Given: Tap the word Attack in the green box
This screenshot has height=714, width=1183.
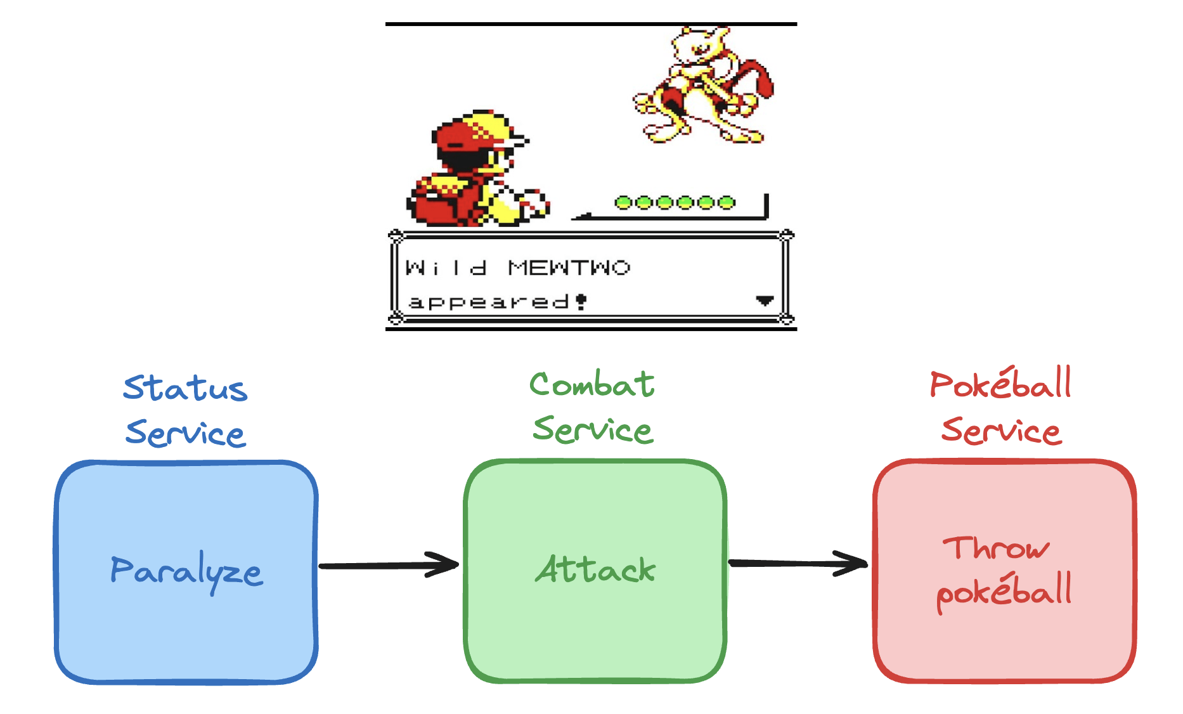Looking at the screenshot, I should click(595, 569).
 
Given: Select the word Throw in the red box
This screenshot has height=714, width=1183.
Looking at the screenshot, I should click(995, 548).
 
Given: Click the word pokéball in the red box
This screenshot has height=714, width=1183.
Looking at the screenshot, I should click(1004, 592).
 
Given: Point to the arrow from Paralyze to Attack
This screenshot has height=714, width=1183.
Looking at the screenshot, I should click(389, 564).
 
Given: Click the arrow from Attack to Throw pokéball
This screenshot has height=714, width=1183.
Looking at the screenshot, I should click(798, 563).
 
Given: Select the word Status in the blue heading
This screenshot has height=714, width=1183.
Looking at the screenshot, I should click(185, 387).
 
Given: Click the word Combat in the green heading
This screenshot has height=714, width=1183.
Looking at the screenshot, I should click(592, 384).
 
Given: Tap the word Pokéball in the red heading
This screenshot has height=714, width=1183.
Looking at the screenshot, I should click(1000, 384).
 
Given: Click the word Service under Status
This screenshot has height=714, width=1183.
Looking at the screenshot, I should click(185, 433).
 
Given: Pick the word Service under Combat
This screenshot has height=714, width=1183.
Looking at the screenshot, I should click(593, 429).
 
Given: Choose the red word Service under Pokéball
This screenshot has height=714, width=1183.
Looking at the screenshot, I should click(1001, 431).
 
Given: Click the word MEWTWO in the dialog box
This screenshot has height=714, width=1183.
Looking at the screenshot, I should click(569, 268).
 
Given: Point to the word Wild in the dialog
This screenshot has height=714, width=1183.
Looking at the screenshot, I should click(446, 268).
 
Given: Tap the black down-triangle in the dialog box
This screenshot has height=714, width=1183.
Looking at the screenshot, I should click(765, 301).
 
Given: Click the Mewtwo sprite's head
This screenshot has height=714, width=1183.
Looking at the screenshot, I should click(695, 44).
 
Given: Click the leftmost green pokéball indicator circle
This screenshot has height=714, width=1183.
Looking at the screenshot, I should click(623, 203).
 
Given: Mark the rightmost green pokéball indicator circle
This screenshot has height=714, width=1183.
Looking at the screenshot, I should click(727, 203).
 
